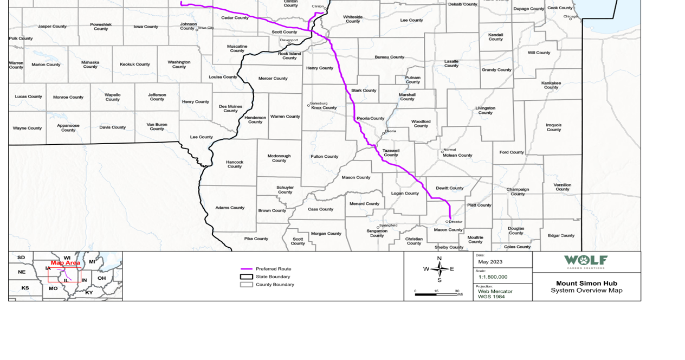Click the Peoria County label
(370, 118)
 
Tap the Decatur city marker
(447, 221)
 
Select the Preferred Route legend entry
(273, 269)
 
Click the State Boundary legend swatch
(247, 277)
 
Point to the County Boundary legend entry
(275, 284)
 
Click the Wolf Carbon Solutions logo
(586, 261)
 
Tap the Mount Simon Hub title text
(586, 283)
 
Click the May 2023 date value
(490, 262)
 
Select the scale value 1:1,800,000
(493, 277)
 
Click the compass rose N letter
(439, 259)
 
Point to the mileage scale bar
(436, 294)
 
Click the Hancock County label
(235, 164)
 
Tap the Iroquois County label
(553, 127)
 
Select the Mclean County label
(457, 155)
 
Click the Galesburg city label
(319, 103)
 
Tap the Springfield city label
(388, 225)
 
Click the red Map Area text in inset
(65, 263)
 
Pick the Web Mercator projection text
(495, 291)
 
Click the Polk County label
(21, 38)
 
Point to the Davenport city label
(289, 40)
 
